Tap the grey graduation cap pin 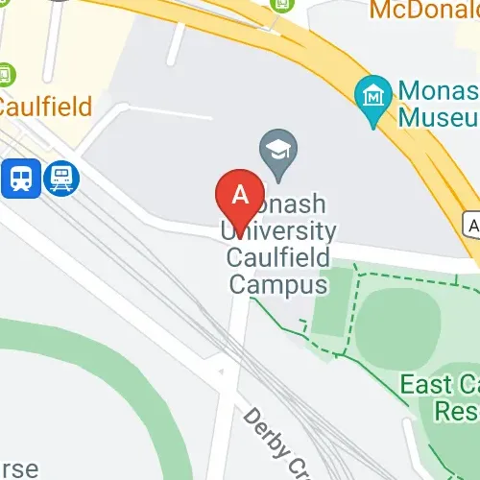point(278,154)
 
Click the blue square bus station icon point(20,178)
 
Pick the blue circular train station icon point(62,177)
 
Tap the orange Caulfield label point(45,105)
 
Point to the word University point(279,231)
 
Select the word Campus point(276,284)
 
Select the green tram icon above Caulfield point(7,74)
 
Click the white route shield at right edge point(470,224)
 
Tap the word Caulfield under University point(278,257)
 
